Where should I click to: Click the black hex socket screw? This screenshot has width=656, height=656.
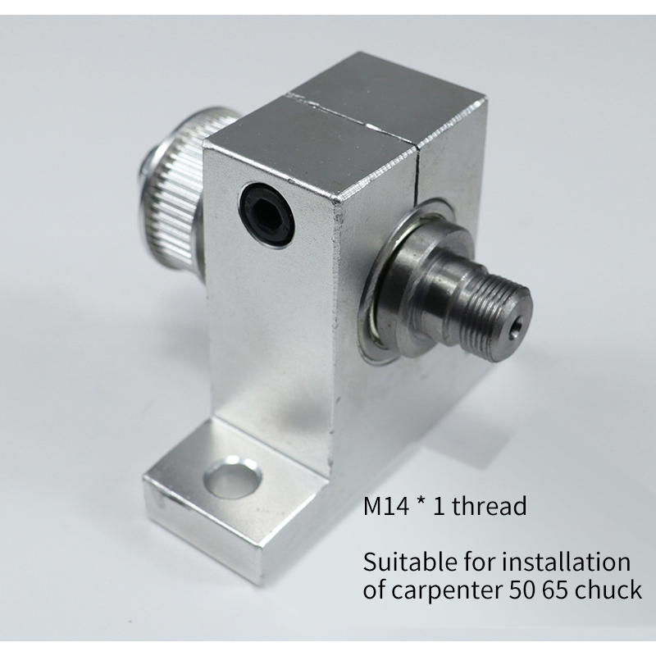pos(267,214)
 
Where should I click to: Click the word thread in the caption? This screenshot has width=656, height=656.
pos(489,506)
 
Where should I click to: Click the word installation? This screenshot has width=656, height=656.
pos(565,562)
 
